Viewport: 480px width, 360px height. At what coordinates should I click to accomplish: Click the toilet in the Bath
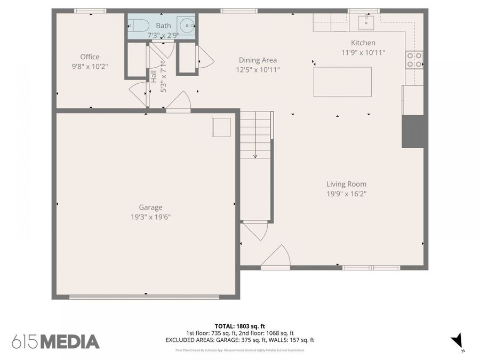coord(139,25)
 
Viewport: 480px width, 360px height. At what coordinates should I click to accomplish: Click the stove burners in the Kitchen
coord(414,59)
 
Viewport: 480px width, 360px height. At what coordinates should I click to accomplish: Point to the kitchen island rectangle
coord(342,82)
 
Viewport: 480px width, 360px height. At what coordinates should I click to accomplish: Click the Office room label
coord(90,57)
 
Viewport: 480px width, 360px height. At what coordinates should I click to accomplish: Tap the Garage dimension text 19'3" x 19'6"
coord(150,217)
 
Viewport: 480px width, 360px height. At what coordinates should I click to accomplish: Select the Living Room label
coord(347,184)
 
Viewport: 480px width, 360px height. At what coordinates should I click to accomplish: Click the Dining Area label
coord(258,60)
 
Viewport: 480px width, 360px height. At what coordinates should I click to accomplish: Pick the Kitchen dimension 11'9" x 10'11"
coord(363,52)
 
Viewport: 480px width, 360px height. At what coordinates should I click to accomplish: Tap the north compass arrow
coord(457,340)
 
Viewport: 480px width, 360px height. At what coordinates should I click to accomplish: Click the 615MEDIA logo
coord(55,341)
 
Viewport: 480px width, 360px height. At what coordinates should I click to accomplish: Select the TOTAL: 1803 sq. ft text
coord(240,325)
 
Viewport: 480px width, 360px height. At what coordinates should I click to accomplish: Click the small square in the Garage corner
coord(221,127)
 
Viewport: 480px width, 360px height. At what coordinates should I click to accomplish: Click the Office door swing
coord(139,94)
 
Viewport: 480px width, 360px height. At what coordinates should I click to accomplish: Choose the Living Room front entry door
coord(277,258)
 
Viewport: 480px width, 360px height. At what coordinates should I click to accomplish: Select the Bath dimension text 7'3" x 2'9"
coord(163,35)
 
